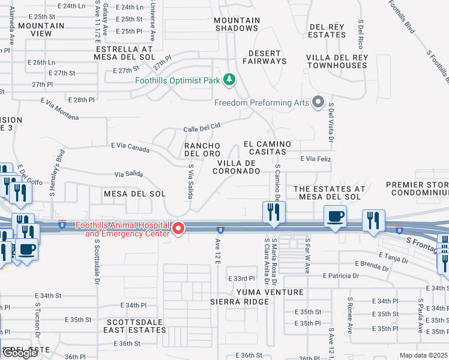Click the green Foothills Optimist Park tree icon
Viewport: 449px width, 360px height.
click(x=228, y=79)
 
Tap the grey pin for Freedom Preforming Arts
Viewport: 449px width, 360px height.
click(x=318, y=103)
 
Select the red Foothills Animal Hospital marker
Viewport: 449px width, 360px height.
click(x=178, y=229)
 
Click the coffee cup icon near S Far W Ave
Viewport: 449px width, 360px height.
click(x=335, y=216)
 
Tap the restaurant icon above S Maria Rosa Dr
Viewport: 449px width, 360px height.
click(x=273, y=212)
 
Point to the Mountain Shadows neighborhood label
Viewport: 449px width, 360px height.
click(x=237, y=24)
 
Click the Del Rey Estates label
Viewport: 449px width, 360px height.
click(x=327, y=31)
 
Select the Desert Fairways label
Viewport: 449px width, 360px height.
click(x=264, y=56)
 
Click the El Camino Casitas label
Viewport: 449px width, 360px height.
click(x=267, y=148)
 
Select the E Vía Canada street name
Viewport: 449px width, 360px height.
click(x=131, y=146)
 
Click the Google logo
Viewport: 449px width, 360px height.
click(x=20, y=353)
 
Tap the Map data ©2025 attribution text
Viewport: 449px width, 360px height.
click(x=423, y=355)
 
